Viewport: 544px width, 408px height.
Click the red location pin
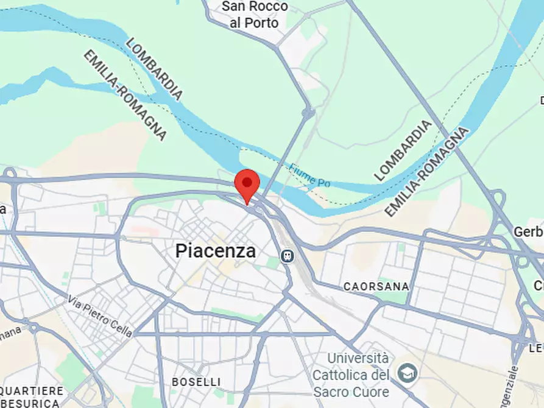point(247,183)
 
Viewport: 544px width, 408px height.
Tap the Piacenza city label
point(215,251)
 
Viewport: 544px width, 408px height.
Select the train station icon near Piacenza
point(287,256)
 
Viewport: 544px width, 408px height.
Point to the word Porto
point(263,23)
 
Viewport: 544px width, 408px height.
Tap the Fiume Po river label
point(310,175)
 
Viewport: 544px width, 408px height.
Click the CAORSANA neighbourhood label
point(376,286)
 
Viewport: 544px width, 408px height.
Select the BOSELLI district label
point(196,382)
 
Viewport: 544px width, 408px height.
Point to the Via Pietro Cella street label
point(100,315)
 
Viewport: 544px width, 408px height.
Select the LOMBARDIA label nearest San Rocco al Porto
point(154,68)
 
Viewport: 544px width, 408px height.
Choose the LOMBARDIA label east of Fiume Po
point(403,150)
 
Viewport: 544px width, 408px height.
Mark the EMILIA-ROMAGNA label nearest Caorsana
point(427,172)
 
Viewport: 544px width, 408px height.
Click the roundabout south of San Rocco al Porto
point(308,112)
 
